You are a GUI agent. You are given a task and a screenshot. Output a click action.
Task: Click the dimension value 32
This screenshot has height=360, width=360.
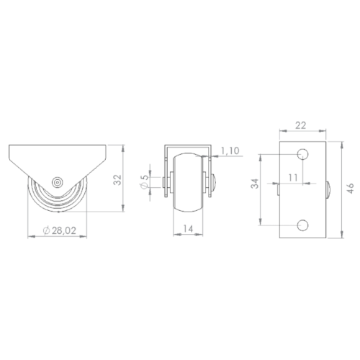point(117,179)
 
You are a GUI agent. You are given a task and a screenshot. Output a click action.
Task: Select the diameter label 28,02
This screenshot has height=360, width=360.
point(64,230)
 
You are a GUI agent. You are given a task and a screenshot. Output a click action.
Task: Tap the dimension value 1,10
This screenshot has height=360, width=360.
point(230,150)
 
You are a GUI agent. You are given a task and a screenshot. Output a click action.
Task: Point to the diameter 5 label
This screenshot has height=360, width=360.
point(145,178)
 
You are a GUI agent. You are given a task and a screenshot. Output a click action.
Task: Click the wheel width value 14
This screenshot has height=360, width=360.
point(188,229)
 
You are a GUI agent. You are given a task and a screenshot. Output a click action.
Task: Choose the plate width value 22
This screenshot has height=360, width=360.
point(301,125)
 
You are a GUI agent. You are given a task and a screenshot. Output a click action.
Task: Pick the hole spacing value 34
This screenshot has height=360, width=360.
point(255,184)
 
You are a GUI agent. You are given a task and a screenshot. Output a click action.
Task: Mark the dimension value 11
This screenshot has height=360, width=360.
point(293,178)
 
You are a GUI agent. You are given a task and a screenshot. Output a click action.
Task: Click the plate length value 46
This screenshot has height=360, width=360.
point(351,189)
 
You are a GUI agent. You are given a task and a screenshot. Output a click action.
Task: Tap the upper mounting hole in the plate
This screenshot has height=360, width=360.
point(302,154)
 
